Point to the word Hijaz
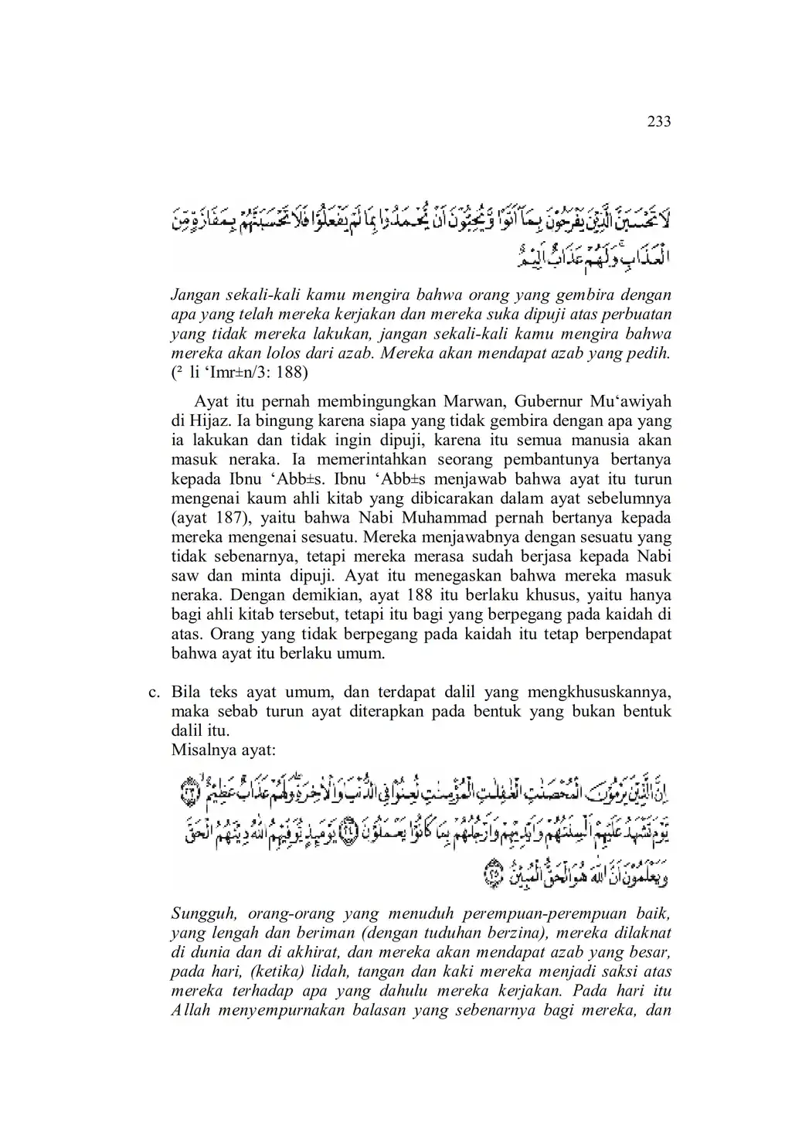pos(204,421)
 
